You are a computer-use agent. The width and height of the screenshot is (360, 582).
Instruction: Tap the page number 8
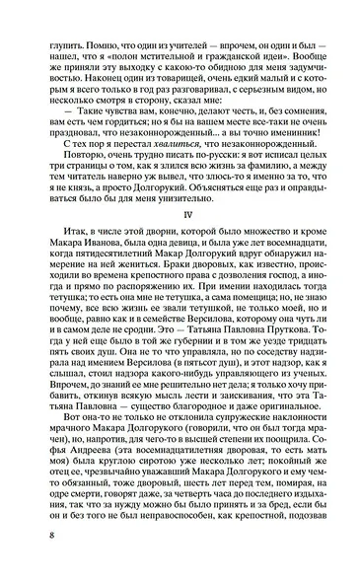click(36, 563)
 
